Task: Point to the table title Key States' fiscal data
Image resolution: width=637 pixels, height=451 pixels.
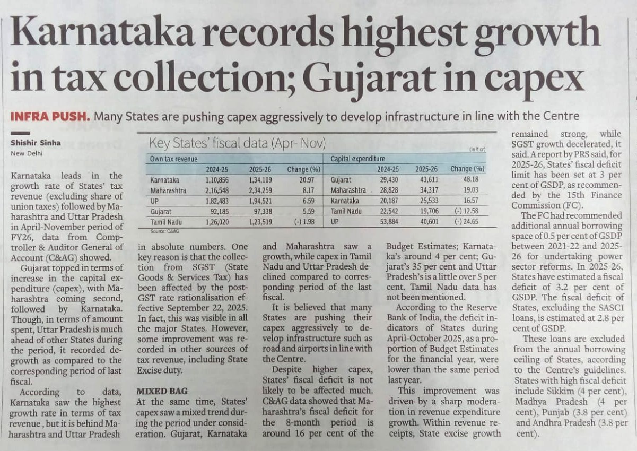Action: (x=237, y=143)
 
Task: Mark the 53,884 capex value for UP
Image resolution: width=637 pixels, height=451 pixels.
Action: (x=387, y=222)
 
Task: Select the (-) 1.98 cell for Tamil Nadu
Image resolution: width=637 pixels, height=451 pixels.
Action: (x=303, y=222)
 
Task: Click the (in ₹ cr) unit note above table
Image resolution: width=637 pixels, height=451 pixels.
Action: (x=477, y=150)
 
